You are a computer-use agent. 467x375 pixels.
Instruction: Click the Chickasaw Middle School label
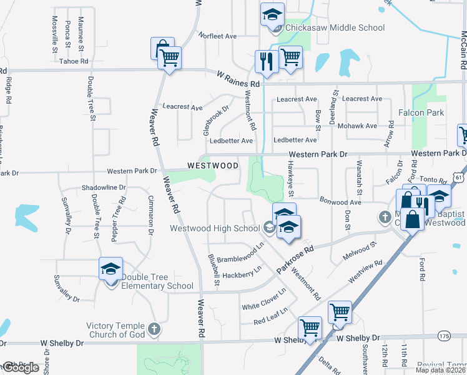pos(335,27)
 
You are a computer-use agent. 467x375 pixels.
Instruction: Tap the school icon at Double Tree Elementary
pos(111,269)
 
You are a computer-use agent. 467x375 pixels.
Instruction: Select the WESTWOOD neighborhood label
pos(213,166)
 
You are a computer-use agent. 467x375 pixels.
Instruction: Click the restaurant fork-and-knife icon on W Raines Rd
pos(267,61)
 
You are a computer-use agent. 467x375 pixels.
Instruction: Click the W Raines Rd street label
pos(238,79)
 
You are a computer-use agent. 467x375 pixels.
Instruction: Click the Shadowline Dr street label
pos(104,187)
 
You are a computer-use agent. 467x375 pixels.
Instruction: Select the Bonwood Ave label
pos(340,202)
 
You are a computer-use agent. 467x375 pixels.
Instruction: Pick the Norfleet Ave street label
pos(217,36)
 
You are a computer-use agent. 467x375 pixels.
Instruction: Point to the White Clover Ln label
pos(263,299)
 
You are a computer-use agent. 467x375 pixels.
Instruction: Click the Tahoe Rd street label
pos(74,61)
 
